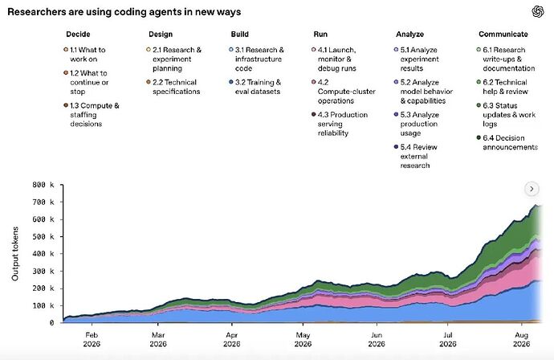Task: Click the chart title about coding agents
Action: click(x=124, y=12)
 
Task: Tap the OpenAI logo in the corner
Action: click(x=538, y=12)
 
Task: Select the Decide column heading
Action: click(x=78, y=35)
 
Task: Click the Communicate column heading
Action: click(x=503, y=35)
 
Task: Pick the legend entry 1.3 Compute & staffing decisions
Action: click(x=92, y=115)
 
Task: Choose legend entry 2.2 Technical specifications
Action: click(x=173, y=87)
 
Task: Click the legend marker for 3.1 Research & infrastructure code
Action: click(x=231, y=50)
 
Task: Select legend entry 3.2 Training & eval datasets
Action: click(x=255, y=87)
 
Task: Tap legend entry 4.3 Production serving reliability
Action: click(x=340, y=124)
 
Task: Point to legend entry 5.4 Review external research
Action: click(x=416, y=157)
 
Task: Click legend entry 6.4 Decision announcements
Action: click(x=507, y=142)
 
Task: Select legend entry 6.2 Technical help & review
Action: click(x=502, y=87)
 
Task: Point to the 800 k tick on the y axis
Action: click(x=43, y=185)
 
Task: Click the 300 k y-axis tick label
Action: click(x=43, y=272)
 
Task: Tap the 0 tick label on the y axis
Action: click(x=51, y=323)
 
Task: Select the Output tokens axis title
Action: click(x=14, y=254)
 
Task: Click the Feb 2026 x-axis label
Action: click(x=92, y=339)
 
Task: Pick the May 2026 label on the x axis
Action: click(x=303, y=339)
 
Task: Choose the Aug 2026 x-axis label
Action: click(x=522, y=339)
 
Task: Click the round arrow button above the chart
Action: click(x=532, y=189)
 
